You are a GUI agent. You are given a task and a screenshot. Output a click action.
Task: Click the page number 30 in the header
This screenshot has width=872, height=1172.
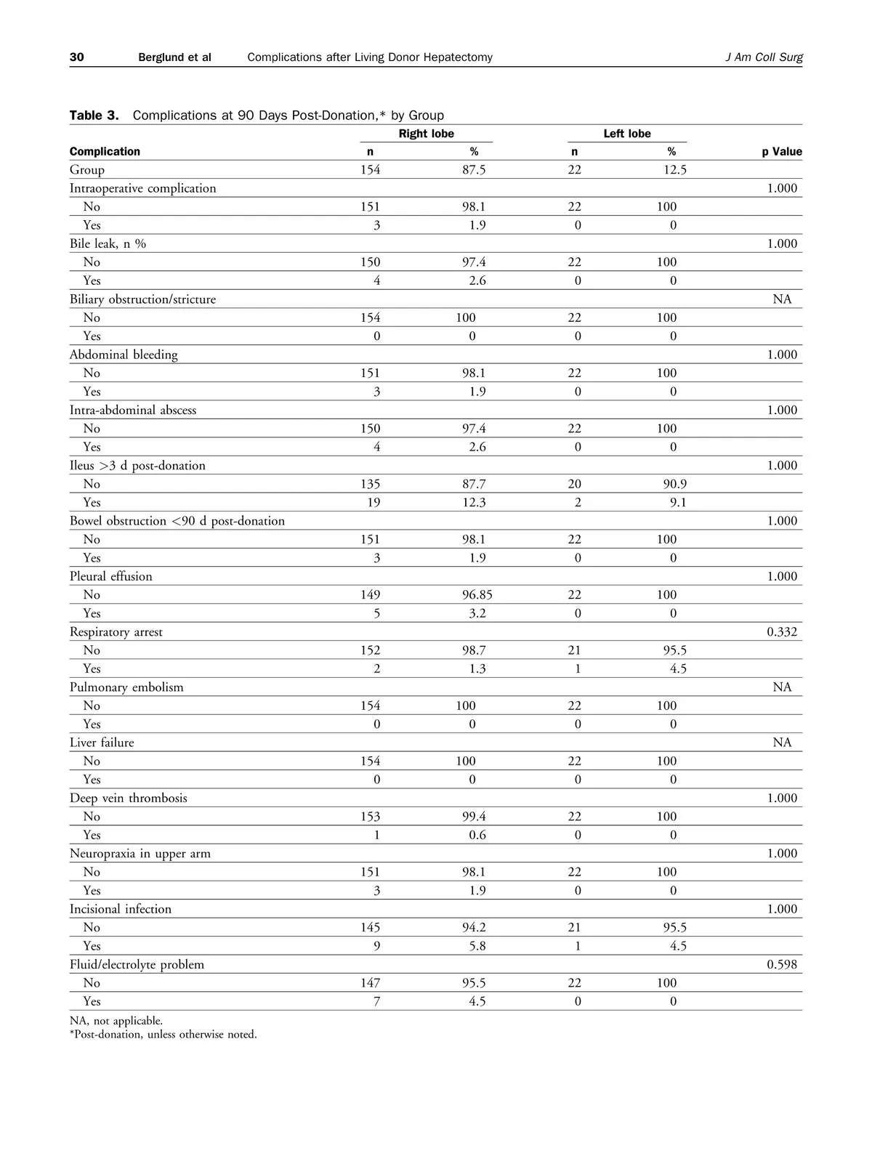pos(77,57)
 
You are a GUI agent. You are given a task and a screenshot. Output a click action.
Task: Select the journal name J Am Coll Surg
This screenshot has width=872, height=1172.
pos(764,57)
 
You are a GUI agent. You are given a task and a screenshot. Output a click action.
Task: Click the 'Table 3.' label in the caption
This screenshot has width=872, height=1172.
pos(94,116)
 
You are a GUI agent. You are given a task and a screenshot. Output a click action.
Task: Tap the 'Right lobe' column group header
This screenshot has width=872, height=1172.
pos(427,134)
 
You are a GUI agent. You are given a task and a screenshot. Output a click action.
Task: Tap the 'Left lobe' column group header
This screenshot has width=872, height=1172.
pos(627,134)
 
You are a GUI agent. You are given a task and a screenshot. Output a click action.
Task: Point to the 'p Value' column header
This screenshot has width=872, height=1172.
pos(782,152)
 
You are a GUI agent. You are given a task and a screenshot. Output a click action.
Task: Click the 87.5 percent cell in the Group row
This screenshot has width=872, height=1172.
pos(474,170)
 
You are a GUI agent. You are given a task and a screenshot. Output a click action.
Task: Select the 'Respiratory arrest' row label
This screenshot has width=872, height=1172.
pos(116,632)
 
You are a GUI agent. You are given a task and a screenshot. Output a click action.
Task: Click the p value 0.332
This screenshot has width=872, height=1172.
pos(782,632)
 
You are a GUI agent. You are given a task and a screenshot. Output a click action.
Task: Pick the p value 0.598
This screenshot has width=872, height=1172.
pos(782,965)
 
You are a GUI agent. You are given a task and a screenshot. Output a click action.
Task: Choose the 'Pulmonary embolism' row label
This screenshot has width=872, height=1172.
pos(126,687)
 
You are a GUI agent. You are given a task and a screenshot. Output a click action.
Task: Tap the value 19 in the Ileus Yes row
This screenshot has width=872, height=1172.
pos(374,503)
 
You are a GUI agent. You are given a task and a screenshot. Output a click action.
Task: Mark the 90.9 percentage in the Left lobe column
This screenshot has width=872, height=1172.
pos(676,484)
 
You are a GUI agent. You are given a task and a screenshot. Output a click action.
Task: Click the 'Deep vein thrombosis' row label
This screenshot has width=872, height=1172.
pos(129,799)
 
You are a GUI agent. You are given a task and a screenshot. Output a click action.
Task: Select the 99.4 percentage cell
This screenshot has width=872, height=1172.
pos(474,817)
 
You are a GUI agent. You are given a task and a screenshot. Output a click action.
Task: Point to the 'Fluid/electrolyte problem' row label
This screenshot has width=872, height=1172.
pos(137,965)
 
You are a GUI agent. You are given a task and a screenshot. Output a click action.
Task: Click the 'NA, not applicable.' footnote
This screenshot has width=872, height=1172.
pos(116,1021)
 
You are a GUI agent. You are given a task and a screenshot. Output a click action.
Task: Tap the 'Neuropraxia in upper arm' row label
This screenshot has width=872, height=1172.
pos(140,854)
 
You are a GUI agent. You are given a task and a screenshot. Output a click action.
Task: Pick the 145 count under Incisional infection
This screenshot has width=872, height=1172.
pos(371,928)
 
